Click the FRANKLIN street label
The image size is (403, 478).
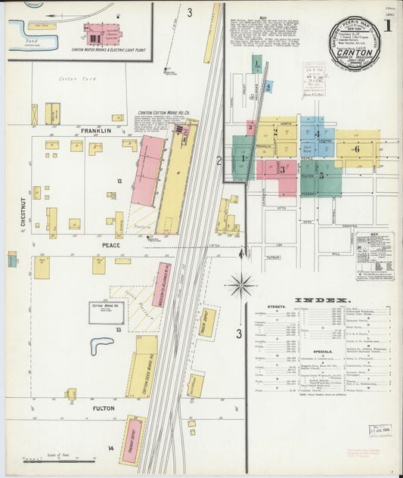pos(95,131)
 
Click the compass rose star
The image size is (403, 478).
pos(241,285)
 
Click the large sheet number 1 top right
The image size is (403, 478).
pos(386,26)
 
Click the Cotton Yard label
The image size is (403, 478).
pos(73,79)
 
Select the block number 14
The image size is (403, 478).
pos(110,449)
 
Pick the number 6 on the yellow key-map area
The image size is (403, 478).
pos(356,149)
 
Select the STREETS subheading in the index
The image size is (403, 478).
pos(276,307)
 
